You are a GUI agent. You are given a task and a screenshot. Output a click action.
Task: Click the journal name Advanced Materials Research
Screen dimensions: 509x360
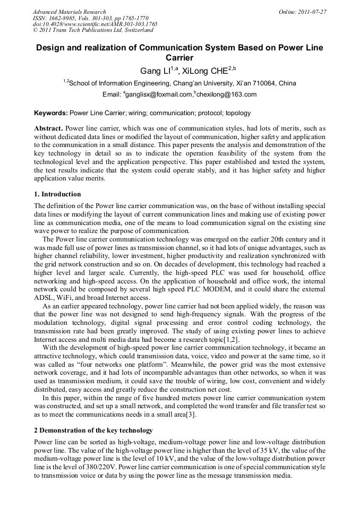(x=70, y=12)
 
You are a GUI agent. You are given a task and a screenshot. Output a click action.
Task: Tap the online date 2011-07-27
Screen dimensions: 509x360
(x=314, y=12)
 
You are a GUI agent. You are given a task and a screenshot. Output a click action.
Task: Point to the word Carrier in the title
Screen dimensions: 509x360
(x=179, y=58)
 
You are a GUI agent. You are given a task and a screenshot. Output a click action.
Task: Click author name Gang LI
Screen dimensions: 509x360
(x=155, y=71)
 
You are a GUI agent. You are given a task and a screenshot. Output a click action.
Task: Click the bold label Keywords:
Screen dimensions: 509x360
(x=51, y=113)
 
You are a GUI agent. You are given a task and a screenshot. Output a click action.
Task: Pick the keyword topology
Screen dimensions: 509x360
(x=239, y=113)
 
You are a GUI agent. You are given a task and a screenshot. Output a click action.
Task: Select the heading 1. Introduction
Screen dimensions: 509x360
(x=57, y=194)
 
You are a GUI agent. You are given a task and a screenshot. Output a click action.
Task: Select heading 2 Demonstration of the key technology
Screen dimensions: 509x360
(x=93, y=430)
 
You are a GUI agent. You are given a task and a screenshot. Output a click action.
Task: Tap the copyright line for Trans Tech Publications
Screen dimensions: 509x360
(x=93, y=31)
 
